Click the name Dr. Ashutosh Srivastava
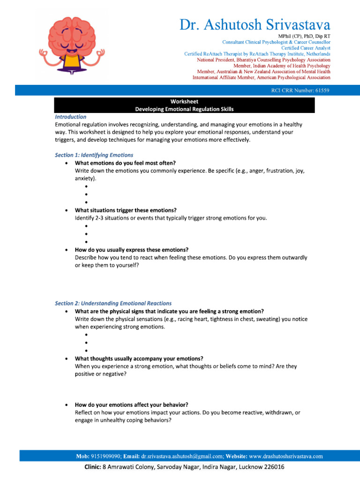click(255, 24)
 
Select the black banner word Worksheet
click(184, 101)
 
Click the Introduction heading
click(71, 117)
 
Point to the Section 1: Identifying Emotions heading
click(94, 155)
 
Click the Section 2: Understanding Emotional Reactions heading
click(113, 303)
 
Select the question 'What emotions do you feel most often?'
click(125, 163)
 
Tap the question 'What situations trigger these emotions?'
click(126, 210)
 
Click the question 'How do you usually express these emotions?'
click(132, 250)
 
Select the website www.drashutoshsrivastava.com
click(286, 456)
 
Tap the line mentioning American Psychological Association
click(262, 78)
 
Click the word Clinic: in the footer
click(92, 467)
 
